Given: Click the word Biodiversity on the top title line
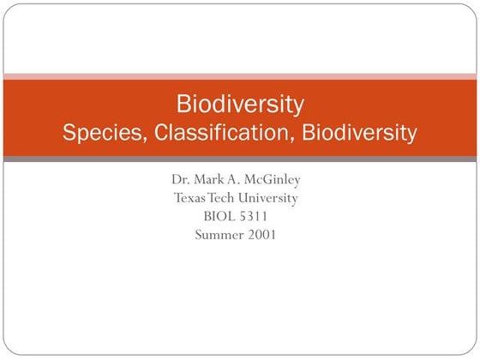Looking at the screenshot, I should click(240, 105).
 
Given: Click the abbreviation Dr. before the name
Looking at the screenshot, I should click(180, 180).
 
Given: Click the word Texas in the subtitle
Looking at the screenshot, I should click(190, 198).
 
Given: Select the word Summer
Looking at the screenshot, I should click(217, 234).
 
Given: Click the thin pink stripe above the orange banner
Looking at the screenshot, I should click(240, 75).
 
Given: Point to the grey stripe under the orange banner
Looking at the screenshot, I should click(240, 159).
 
